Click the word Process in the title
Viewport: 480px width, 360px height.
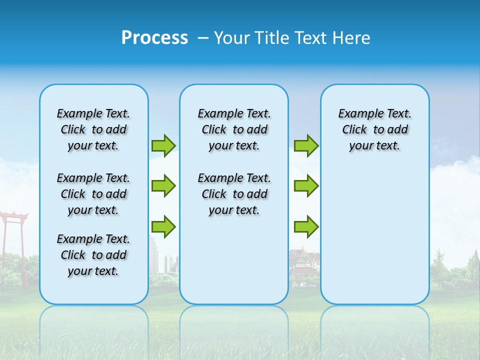pyautogui.click(x=154, y=37)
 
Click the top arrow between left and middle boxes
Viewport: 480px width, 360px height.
pyautogui.click(x=163, y=145)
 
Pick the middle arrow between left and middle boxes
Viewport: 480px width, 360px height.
pyautogui.click(x=163, y=186)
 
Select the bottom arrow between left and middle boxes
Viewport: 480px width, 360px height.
pyautogui.click(x=163, y=227)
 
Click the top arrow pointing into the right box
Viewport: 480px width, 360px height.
pyautogui.click(x=306, y=145)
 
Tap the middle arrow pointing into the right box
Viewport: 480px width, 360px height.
pyautogui.click(x=306, y=186)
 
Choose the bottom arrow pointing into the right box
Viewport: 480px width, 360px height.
pyautogui.click(x=306, y=227)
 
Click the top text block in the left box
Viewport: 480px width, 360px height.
pyautogui.click(x=93, y=129)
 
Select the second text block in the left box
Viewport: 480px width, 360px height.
pyautogui.click(x=93, y=194)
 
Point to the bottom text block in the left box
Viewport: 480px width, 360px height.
pyautogui.click(x=93, y=255)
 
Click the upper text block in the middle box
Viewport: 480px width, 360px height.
pyautogui.click(x=234, y=129)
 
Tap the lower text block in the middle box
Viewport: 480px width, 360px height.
pyautogui.click(x=234, y=194)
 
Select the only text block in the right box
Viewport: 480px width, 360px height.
pyautogui.click(x=374, y=129)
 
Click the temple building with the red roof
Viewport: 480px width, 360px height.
pyautogui.click(x=304, y=265)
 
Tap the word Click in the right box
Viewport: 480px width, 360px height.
pyautogui.click(x=354, y=129)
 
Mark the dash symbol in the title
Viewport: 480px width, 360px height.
pyautogui.click(x=203, y=37)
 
